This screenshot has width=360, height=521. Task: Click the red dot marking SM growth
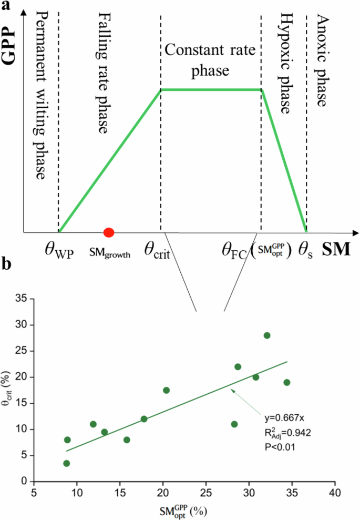109,232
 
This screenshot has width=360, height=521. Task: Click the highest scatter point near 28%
267,335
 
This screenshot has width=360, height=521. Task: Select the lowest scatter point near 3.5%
67,463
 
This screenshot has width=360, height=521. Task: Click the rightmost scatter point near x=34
287,382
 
